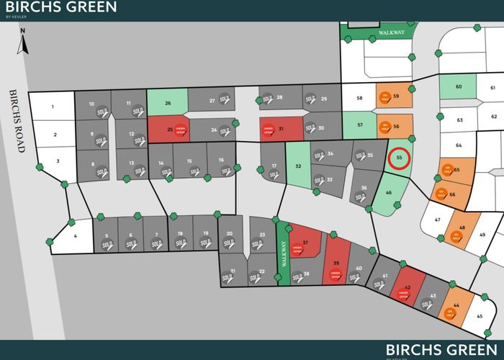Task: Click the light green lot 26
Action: point(167,102)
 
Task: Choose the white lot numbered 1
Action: point(53,107)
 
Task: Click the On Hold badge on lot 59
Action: point(384,98)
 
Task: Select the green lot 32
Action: point(297,166)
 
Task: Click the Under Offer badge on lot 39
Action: point(334,274)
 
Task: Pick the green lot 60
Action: point(458,87)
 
